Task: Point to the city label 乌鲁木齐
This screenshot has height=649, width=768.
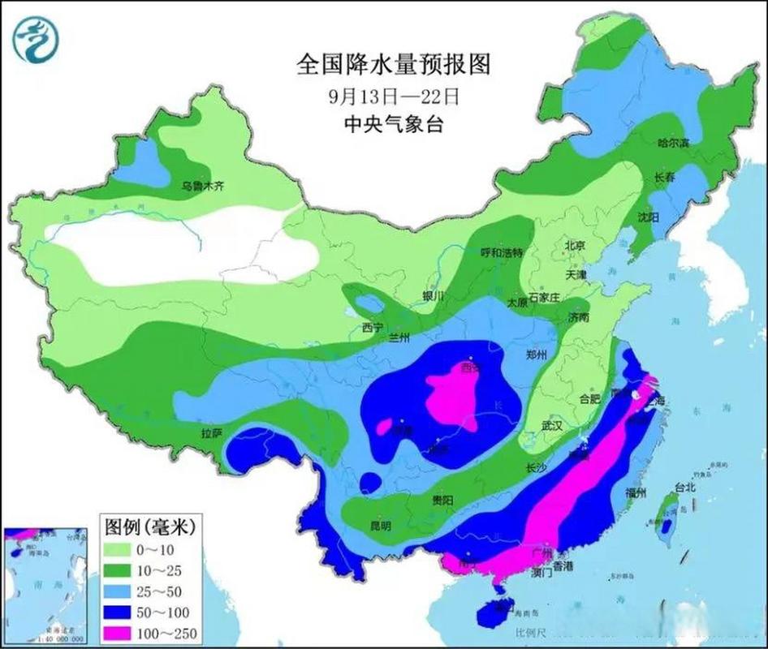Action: coord(201,186)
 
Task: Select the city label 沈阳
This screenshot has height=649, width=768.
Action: coord(648,217)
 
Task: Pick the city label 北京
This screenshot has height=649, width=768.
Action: coord(575,245)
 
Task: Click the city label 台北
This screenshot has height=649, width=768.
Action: coord(685,488)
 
